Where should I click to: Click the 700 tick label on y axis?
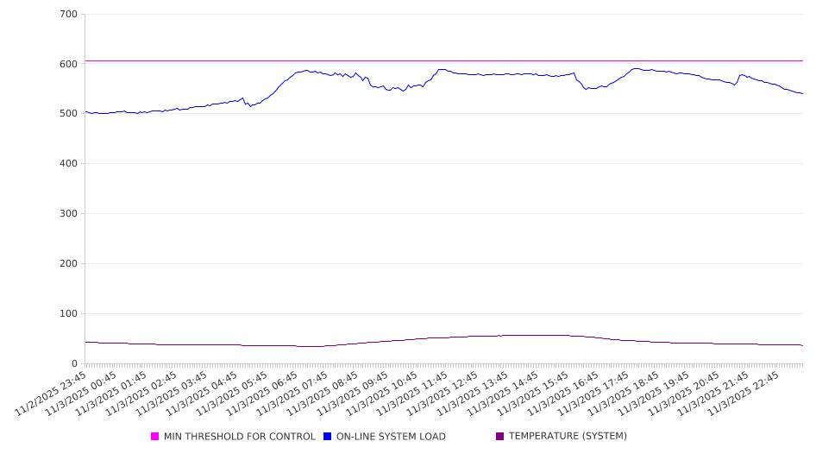69,15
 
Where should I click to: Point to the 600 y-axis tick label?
69,64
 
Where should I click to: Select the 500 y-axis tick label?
69,114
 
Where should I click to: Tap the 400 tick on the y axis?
69,164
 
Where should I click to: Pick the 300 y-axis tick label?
69,214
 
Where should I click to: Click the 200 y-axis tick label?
69,264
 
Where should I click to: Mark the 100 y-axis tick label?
69,314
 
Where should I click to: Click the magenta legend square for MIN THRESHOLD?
155,437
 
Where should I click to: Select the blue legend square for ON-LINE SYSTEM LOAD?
328,437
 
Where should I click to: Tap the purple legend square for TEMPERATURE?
500,437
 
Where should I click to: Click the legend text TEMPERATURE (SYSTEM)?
568,437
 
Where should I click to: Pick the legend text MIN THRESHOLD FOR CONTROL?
240,437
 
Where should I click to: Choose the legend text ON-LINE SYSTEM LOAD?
391,437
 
